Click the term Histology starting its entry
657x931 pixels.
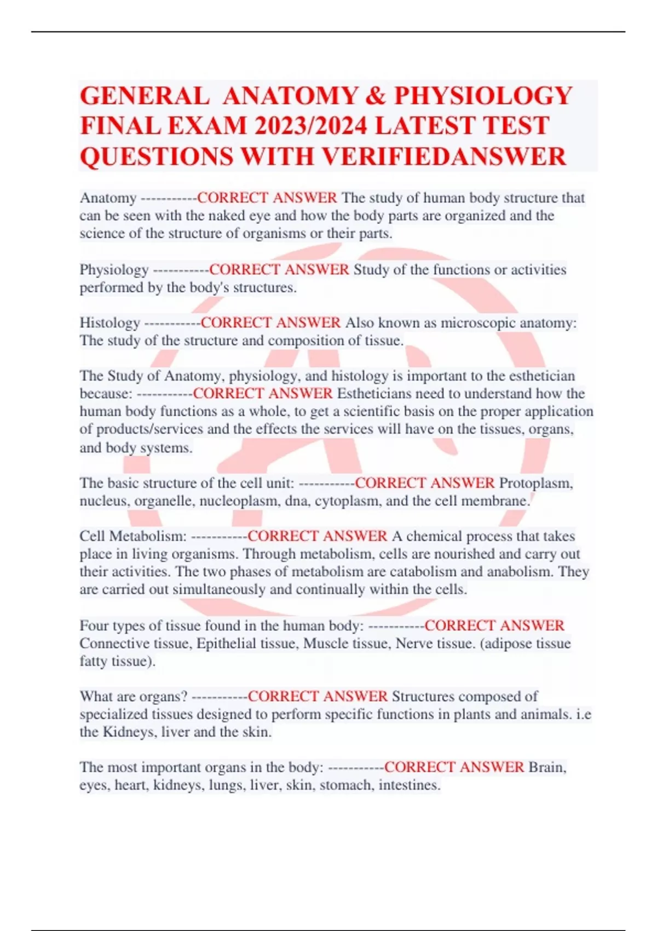point(109,323)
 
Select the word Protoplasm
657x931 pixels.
point(535,483)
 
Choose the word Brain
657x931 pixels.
point(547,767)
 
